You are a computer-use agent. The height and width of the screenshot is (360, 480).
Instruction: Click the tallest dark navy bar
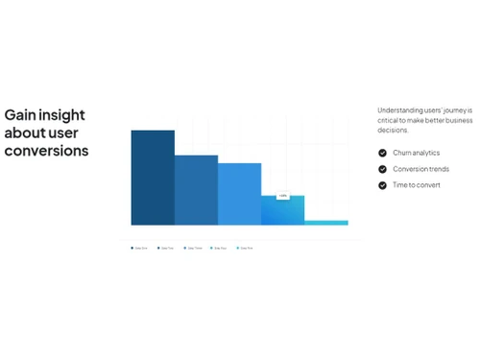153,178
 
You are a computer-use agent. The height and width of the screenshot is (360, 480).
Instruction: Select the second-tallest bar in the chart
196,190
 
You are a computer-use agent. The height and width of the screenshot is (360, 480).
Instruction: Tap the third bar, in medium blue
239,194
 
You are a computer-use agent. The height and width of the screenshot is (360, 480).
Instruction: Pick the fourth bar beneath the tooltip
282,211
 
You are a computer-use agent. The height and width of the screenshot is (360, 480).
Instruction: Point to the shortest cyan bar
326,223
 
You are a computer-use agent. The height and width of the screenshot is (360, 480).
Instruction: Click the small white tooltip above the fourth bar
283,196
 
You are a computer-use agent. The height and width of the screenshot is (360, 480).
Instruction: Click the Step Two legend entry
166,248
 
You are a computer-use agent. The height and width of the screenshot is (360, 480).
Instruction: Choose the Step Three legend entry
193,248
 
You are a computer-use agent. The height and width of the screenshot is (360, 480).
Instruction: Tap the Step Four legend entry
220,248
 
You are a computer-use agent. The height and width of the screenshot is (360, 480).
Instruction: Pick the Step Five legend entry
246,248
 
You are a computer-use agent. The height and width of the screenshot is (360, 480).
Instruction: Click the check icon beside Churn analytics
383,153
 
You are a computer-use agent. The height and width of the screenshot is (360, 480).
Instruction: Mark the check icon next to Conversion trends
383,169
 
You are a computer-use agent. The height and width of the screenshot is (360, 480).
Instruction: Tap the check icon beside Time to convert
383,185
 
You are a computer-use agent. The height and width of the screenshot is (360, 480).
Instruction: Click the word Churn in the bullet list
403,153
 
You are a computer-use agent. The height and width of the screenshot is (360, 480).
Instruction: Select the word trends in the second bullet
437,169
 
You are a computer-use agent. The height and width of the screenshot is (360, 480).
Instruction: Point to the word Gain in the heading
20,115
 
